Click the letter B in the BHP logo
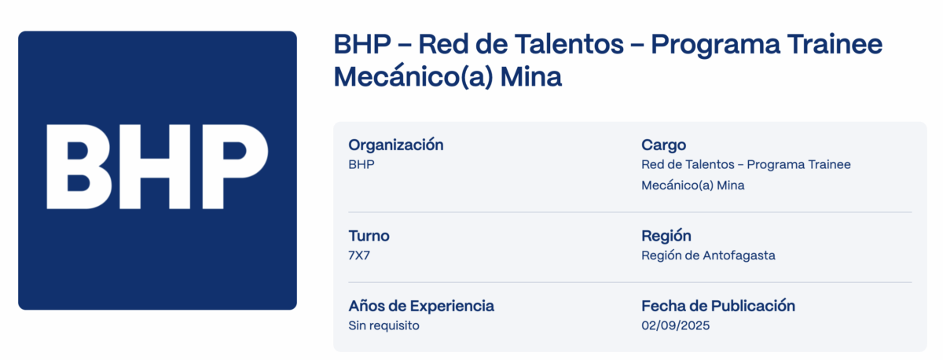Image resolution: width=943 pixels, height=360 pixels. coord(79,167)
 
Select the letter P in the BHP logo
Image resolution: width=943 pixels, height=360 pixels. coord(235,167)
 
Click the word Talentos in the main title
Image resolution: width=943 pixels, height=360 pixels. coord(568,44)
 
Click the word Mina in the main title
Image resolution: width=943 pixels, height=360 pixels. coord(531,76)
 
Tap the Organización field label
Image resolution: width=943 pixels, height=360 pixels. coord(396,145)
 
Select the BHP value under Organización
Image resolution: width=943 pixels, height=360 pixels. coord(361,164)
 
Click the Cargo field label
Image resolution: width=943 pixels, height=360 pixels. coord(663,145)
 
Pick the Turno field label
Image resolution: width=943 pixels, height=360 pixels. coord(369,236)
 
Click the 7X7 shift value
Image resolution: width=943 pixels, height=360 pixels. coord(359,255)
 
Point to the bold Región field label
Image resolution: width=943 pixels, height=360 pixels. coord(666,236)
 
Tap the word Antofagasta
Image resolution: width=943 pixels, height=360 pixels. coord(739,255)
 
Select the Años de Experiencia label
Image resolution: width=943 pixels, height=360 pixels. coord(421,306)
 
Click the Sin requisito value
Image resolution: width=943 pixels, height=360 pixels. coord(384,325)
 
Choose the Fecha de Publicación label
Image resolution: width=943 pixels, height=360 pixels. coord(718,306)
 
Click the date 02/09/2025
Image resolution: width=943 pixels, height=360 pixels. coord(676,325)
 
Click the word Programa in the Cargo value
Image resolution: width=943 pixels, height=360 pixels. coord(773,164)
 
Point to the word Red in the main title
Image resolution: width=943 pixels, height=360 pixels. coord(443,44)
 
